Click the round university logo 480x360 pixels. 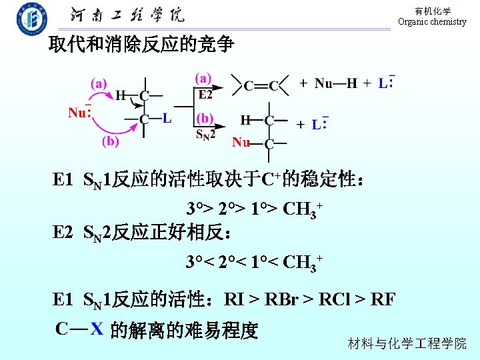coord(32,19)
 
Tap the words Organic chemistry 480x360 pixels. coord(432,22)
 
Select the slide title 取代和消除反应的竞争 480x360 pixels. coord(141,45)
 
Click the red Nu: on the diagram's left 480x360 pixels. coord(80,113)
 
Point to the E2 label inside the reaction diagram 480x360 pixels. coord(205,93)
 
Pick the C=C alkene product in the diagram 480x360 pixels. coord(260,85)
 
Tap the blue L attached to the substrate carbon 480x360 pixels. coord(167,119)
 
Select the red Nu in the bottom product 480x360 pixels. coord(241,143)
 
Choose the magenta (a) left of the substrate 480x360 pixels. coord(99,83)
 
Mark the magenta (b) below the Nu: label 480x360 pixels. coord(111,141)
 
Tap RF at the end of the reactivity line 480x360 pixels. coord(383,299)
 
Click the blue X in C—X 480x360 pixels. coord(97,329)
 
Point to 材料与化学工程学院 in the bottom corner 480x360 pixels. coord(407,344)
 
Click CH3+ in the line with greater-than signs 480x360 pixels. coord(302,210)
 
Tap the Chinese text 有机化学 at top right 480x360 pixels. coord(433,11)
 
